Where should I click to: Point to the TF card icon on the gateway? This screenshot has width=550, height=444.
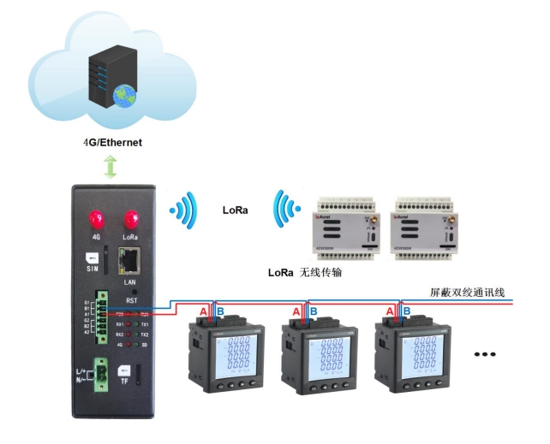coord(124,374)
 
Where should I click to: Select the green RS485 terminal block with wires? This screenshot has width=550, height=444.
coord(103,317)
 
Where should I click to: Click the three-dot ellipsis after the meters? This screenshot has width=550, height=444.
coord(486,353)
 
